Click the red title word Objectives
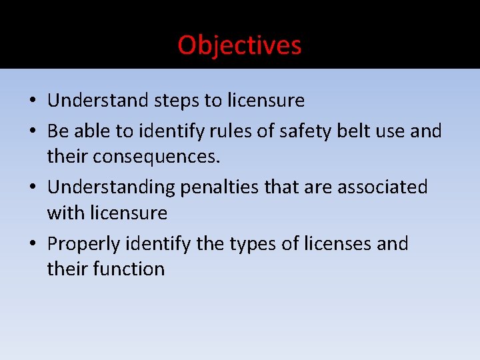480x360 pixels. click(x=239, y=45)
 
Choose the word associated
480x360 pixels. click(x=382, y=187)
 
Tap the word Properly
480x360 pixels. click(x=86, y=245)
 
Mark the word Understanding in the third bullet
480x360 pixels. click(x=111, y=188)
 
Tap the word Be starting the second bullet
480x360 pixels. click(x=57, y=131)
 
